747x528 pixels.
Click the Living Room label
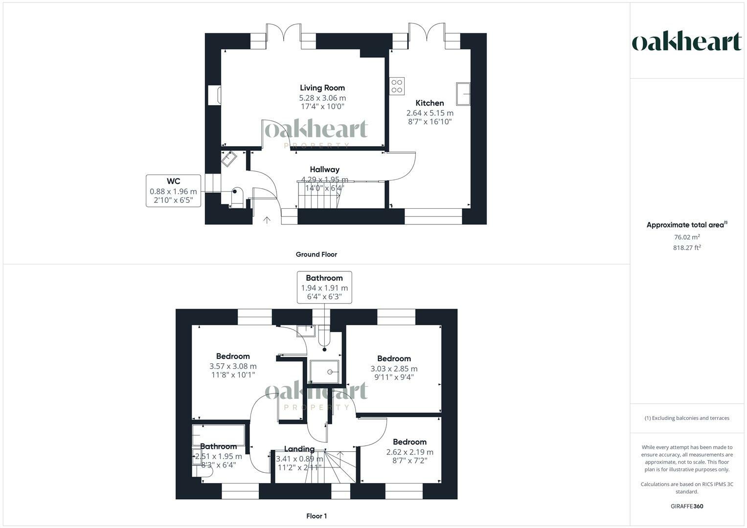(x=322, y=88)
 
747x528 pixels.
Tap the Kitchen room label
(x=430, y=103)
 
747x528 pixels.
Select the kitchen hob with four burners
(x=397, y=86)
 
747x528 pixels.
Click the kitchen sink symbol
(x=463, y=94)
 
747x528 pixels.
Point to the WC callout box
(x=173, y=191)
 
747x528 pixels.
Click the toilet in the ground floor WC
(x=236, y=197)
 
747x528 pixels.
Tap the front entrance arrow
(x=267, y=220)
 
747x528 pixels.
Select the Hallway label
(x=324, y=170)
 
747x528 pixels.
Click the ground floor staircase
(x=318, y=194)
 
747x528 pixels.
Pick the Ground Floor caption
(x=316, y=254)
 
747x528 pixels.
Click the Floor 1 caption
(x=316, y=516)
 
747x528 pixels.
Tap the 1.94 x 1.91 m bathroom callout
(x=324, y=287)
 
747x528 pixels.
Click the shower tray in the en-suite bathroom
(x=324, y=372)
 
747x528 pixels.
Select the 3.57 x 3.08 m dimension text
(x=233, y=366)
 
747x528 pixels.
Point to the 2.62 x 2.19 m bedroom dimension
(x=409, y=452)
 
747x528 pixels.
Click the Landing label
(x=299, y=449)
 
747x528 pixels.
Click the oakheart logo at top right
(x=686, y=42)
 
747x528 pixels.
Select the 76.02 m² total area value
(x=686, y=237)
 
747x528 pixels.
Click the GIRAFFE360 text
(x=686, y=506)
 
